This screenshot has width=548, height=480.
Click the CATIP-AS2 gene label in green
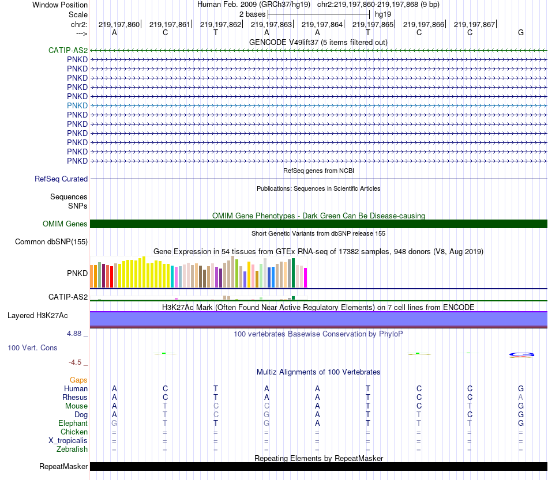tap(68, 50)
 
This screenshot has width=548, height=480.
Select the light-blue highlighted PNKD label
tap(77, 105)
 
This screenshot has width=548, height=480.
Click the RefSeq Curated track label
tap(61, 179)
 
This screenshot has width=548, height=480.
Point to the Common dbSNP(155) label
tap(51, 241)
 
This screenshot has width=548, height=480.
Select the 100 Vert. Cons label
tap(32, 348)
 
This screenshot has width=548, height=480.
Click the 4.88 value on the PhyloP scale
tap(76, 334)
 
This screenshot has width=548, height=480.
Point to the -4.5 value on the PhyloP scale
tap(75, 362)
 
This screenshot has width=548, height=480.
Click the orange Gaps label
tap(78, 380)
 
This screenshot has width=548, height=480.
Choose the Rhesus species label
tap(75, 397)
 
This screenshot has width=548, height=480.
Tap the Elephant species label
tap(73, 423)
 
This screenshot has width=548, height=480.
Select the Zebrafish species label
tap(73, 449)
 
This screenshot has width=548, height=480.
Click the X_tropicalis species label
tap(68, 440)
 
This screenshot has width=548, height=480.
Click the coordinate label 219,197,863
tap(271, 25)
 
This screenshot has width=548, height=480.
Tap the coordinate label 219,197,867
tap(474, 25)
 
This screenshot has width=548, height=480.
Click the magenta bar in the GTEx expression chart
tap(306, 278)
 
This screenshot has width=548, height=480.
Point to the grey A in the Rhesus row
tap(520, 397)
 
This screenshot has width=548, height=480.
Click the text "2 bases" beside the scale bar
tap(253, 13)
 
